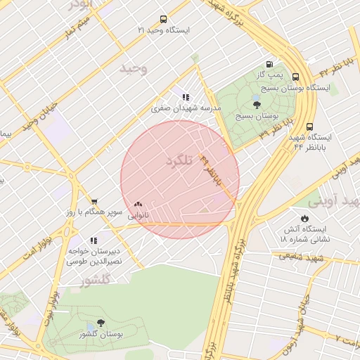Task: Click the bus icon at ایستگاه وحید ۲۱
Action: [x=163, y=20]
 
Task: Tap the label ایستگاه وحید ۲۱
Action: [x=163, y=31]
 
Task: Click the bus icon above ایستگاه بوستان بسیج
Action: [x=295, y=77]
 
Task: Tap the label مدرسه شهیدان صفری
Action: [x=186, y=108]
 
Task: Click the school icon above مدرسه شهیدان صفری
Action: [x=186, y=98]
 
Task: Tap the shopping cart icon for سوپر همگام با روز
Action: [x=94, y=202]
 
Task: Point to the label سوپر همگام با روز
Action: [x=101, y=212]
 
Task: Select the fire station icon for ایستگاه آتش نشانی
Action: [x=304, y=219]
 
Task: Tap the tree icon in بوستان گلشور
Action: [x=101, y=324]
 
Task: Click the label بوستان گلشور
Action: [x=101, y=335]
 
